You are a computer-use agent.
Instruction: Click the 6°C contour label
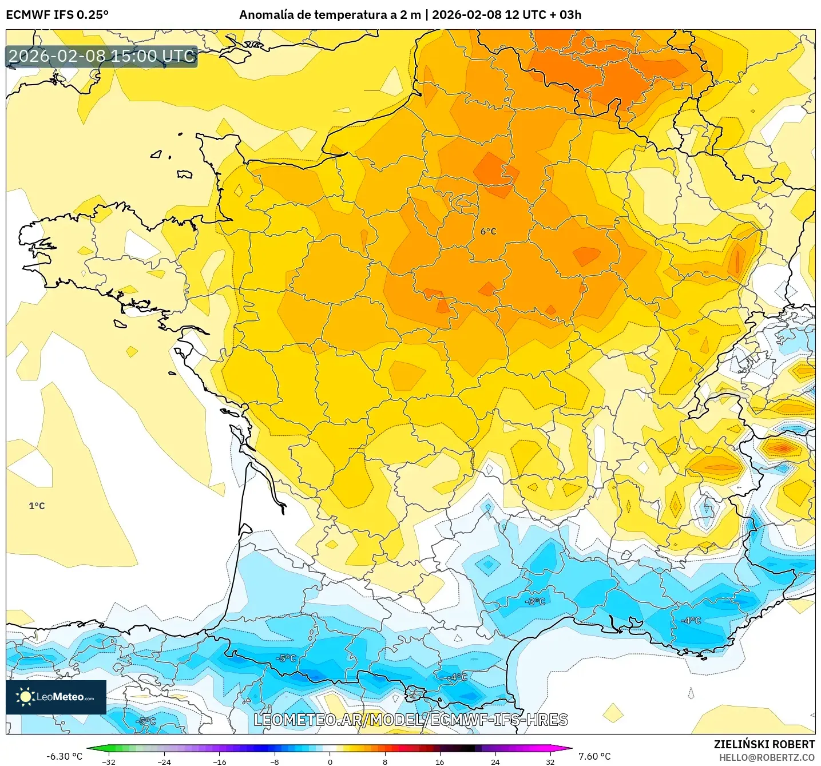coord(488,232)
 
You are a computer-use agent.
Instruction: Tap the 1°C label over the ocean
coord(37,506)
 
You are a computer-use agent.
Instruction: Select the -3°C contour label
coord(535,601)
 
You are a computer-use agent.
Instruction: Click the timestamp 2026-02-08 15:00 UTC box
coord(102,56)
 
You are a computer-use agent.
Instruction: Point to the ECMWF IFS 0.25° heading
coord(57,15)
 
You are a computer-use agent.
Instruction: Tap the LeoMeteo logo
coord(56,697)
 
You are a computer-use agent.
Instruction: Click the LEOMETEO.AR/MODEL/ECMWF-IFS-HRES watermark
coord(410,720)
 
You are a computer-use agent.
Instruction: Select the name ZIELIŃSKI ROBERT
coord(764,744)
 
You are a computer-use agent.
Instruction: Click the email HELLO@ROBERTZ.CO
coord(767,757)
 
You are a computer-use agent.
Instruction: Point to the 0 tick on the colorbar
coord(330,761)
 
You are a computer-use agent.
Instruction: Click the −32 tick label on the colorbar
coord(108,761)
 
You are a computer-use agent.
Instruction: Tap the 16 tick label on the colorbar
coord(439,761)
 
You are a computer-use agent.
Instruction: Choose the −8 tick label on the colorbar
coord(275,761)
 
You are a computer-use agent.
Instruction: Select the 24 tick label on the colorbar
coord(495,761)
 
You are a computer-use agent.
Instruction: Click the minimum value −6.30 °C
coord(64,756)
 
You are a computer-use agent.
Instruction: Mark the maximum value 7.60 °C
coord(594,756)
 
